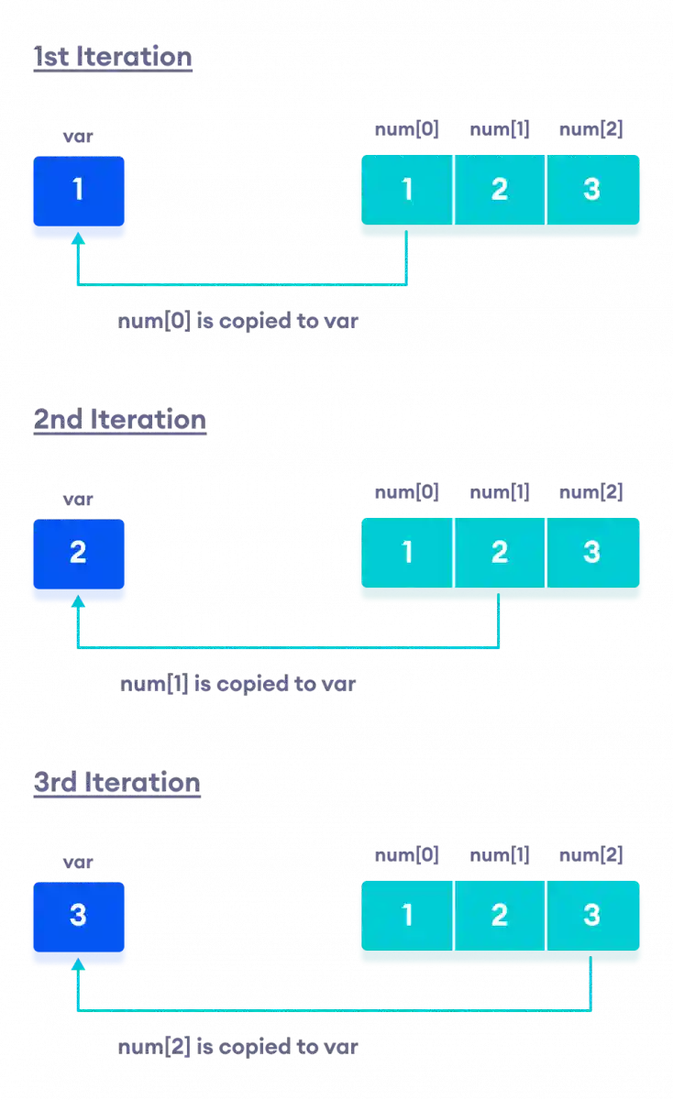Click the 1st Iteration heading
[x=113, y=58]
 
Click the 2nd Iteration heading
[x=119, y=421]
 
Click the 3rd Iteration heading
[x=116, y=784]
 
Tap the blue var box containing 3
[x=78, y=916]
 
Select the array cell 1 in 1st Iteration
[x=407, y=190]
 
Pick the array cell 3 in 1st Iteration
[x=592, y=190]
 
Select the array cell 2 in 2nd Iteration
[x=500, y=553]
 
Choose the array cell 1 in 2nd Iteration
[x=407, y=553]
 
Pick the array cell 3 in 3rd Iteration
[x=592, y=916]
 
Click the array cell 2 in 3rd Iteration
[x=500, y=916]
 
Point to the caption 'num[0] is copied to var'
[x=237, y=322]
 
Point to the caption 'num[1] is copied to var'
[x=237, y=685]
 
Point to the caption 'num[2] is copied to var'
[x=237, y=1047]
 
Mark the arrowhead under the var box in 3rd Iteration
[x=78, y=966]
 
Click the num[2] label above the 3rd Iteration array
[x=590, y=856]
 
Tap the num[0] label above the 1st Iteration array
[x=407, y=129]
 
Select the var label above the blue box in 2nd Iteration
[x=78, y=500]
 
